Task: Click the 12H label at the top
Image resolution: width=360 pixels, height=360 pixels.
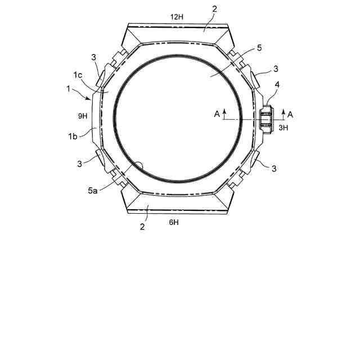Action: (177, 17)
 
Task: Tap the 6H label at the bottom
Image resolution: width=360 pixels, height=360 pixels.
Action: (174, 222)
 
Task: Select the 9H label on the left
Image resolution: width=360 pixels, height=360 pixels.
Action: (83, 116)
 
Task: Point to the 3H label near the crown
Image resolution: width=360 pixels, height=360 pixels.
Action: (283, 128)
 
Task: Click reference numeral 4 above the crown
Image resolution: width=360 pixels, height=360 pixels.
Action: (277, 85)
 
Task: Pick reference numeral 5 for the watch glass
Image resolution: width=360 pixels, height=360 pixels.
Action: (259, 48)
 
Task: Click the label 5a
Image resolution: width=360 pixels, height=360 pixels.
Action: (92, 190)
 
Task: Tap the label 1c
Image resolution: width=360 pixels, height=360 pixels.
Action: (78, 75)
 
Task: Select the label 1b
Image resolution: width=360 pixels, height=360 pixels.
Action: (73, 136)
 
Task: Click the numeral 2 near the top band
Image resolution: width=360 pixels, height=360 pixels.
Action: (215, 9)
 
